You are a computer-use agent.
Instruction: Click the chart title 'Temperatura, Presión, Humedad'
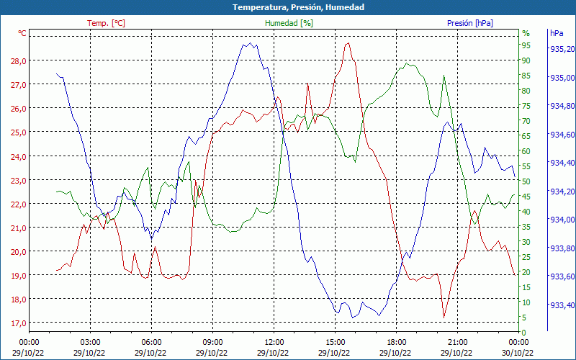288,7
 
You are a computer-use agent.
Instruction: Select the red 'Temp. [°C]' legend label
106,23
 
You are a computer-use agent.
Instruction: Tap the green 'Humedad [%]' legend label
289,23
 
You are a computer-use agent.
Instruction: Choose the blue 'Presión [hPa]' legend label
470,23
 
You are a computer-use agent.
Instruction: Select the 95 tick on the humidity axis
526,45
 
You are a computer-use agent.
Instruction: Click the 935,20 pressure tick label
562,50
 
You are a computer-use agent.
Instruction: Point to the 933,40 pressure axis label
562,305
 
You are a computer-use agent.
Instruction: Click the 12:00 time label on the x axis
274,342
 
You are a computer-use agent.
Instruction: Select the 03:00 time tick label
89,342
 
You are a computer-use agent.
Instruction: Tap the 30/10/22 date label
518,353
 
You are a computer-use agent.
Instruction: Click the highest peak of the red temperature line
348,43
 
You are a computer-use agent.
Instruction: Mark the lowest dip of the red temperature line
444,318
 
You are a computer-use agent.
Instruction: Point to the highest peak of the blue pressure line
246,44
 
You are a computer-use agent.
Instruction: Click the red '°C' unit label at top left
22,33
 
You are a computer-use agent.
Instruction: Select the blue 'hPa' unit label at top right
557,33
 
